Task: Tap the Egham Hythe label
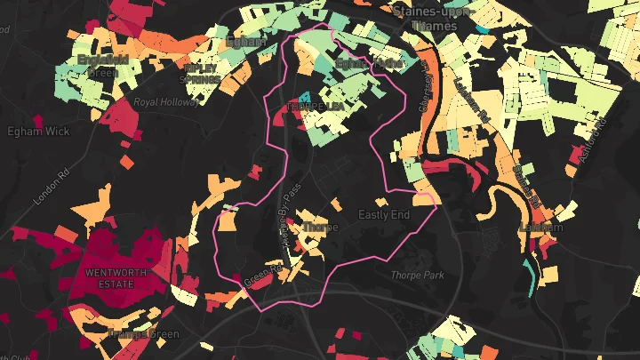pos(369,64)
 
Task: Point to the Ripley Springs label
pos(201,73)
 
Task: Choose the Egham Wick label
pos(38,132)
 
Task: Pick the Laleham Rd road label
pos(471,98)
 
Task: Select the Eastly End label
pos(384,215)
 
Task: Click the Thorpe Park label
pos(417,276)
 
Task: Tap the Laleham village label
pos(540,228)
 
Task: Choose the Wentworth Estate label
pos(110,277)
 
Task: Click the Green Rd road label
pos(262,277)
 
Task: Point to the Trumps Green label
pos(143,334)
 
